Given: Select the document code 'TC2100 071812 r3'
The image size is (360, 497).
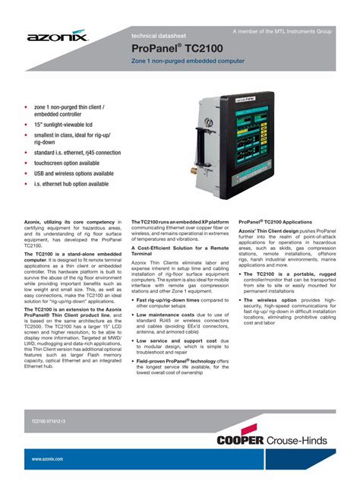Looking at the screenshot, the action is click(x=49, y=420).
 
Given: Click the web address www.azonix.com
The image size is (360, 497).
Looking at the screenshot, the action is click(x=47, y=459).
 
